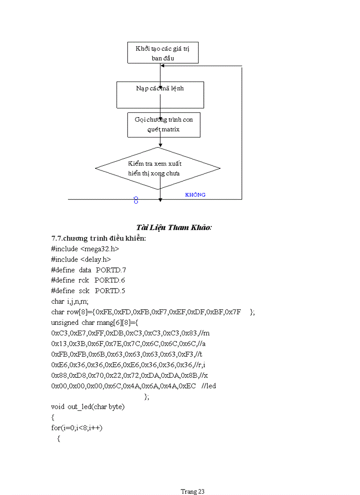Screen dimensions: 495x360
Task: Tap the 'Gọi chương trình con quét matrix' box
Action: tap(163, 125)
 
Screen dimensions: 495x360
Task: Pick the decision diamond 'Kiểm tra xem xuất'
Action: tap(157, 168)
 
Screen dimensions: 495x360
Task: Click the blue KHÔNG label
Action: tap(195, 194)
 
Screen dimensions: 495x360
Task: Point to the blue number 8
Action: tap(136, 201)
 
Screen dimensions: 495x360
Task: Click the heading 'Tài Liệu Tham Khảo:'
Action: tap(174, 227)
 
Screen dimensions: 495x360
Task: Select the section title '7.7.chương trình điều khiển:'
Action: tap(98, 238)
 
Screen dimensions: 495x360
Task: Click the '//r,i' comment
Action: tap(206, 365)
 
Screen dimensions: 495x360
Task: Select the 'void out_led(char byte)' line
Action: tap(88, 406)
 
